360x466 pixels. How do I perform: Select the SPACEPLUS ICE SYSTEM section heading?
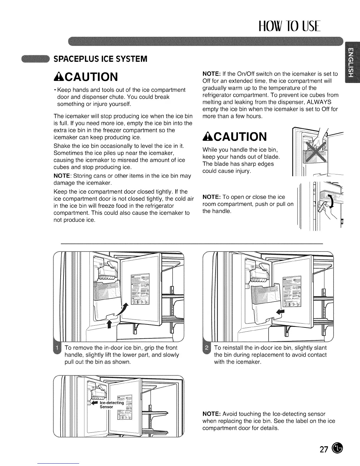(100, 59)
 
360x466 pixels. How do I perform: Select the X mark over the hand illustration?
(315, 150)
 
